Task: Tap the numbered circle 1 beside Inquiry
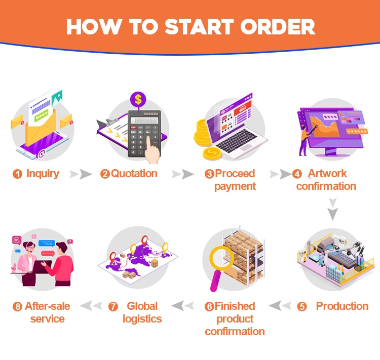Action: pos(18,174)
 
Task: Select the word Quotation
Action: pos(134,174)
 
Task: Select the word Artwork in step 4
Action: pos(327,174)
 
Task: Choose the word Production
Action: pos(342,306)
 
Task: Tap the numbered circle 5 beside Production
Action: pos(302,307)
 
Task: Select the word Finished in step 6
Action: pos(235,306)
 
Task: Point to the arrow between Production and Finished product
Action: pos(281,306)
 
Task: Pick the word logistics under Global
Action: pos(142,319)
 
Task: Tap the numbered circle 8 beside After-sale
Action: pos(18,307)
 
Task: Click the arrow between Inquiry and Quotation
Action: pos(81,174)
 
